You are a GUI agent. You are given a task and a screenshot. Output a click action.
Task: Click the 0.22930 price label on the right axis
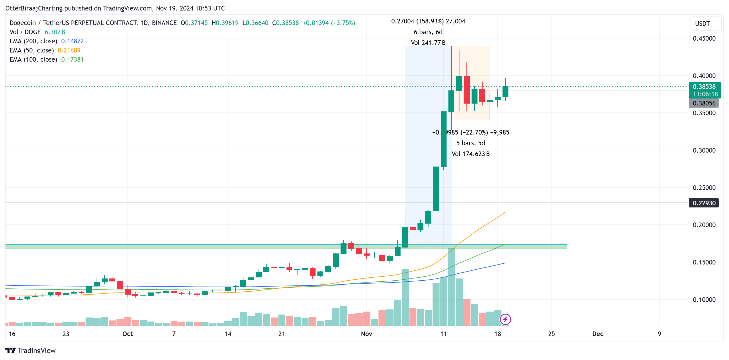click(703, 203)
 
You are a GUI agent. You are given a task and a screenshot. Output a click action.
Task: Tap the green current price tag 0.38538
click(704, 87)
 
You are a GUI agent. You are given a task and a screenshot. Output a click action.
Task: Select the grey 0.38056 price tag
click(703, 103)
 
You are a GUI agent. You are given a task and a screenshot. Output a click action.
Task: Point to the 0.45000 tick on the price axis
click(704, 38)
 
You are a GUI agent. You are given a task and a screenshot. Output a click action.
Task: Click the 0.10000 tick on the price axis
click(704, 299)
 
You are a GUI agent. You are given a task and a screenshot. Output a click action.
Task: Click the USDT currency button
click(702, 24)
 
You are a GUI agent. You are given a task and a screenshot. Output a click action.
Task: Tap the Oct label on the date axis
click(127, 334)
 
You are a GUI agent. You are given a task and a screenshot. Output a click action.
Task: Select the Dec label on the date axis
click(597, 334)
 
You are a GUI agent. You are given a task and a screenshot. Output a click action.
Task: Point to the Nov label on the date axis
click(366, 334)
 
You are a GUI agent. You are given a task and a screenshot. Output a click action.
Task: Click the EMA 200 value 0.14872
click(72, 41)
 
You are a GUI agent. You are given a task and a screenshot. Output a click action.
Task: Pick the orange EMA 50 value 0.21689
click(69, 50)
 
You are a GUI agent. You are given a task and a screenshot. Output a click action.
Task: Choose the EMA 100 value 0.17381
click(72, 59)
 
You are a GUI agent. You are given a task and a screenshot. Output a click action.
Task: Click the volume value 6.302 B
click(55, 32)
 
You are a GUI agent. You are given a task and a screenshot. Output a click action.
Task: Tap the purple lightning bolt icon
click(505, 319)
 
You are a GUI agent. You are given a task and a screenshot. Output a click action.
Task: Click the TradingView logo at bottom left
click(31, 350)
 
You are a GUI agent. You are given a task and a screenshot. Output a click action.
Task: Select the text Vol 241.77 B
click(428, 43)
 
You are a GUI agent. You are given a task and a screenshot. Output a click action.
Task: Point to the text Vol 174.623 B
click(470, 154)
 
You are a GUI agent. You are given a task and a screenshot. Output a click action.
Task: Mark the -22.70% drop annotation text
click(474, 132)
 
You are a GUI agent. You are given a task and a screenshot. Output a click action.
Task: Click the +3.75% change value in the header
click(343, 23)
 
